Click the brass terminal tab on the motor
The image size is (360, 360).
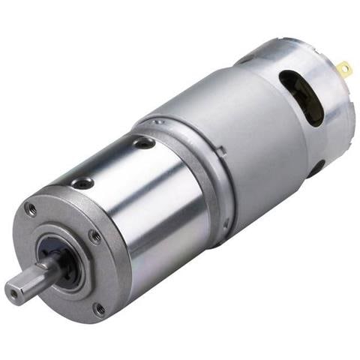[344, 71]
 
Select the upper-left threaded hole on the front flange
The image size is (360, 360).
[31, 210]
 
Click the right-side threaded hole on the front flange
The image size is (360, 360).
[95, 236]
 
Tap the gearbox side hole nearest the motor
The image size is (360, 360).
[142, 142]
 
